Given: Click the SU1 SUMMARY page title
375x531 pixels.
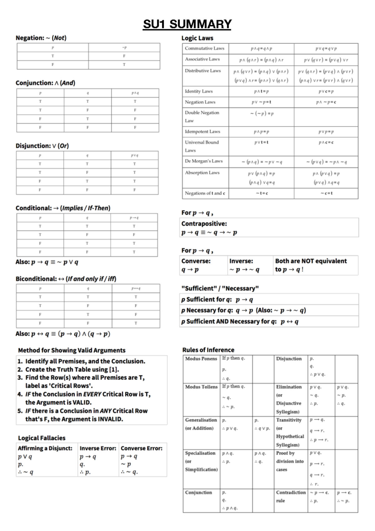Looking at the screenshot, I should pos(187,24).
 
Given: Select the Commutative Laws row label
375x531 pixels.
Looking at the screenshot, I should pos(204,48).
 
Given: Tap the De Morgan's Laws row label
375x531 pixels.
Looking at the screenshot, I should pos(204,161).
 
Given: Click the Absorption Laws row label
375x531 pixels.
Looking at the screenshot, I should pos(202,173).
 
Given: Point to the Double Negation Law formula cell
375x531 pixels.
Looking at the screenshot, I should pos(262,114).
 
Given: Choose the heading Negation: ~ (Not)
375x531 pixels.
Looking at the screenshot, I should pos(41,38).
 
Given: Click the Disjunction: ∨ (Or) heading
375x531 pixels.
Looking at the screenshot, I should pos(42,146).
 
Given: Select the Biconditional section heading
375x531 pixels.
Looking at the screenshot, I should pos(66,279).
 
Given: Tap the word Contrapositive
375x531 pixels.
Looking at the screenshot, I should pos(204,224).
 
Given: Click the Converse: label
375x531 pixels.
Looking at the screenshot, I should pos(196,261).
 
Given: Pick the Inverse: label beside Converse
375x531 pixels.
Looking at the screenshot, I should pos(241,261).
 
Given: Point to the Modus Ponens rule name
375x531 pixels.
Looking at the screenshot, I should pos(201,359).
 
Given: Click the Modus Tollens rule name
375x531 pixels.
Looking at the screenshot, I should pos(201,387).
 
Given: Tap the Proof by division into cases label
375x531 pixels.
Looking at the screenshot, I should pos(290,461).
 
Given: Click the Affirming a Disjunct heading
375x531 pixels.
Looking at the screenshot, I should pos(45,448).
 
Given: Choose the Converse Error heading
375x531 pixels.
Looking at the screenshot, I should pos(142,448).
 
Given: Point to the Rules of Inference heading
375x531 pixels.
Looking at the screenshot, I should pos(208,350).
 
